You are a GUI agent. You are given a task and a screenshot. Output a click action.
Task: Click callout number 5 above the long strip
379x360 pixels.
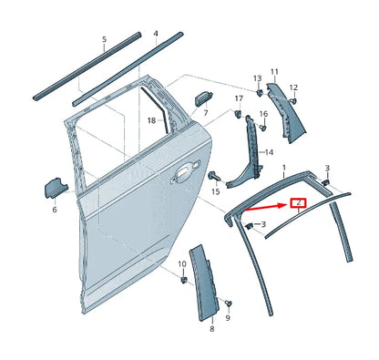click(x=104, y=40)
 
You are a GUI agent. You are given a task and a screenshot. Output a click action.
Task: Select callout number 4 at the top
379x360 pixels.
click(x=155, y=35)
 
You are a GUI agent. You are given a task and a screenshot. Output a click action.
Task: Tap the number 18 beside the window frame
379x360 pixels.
click(x=151, y=119)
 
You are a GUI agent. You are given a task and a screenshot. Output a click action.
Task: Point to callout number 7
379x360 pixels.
click(x=206, y=113)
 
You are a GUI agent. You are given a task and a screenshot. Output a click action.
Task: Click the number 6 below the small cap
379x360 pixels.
click(x=54, y=210)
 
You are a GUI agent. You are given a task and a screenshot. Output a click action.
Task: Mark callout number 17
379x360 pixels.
click(x=239, y=98)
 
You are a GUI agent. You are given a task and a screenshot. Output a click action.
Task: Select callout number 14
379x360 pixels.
click(x=268, y=153)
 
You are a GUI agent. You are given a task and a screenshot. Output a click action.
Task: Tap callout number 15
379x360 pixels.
click(x=215, y=191)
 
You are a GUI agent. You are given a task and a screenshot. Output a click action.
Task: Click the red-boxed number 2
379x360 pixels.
click(x=298, y=204)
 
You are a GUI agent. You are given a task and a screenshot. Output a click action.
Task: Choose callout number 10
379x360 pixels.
click(x=181, y=264)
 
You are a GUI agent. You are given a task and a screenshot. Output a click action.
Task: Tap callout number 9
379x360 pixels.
click(x=228, y=321)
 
